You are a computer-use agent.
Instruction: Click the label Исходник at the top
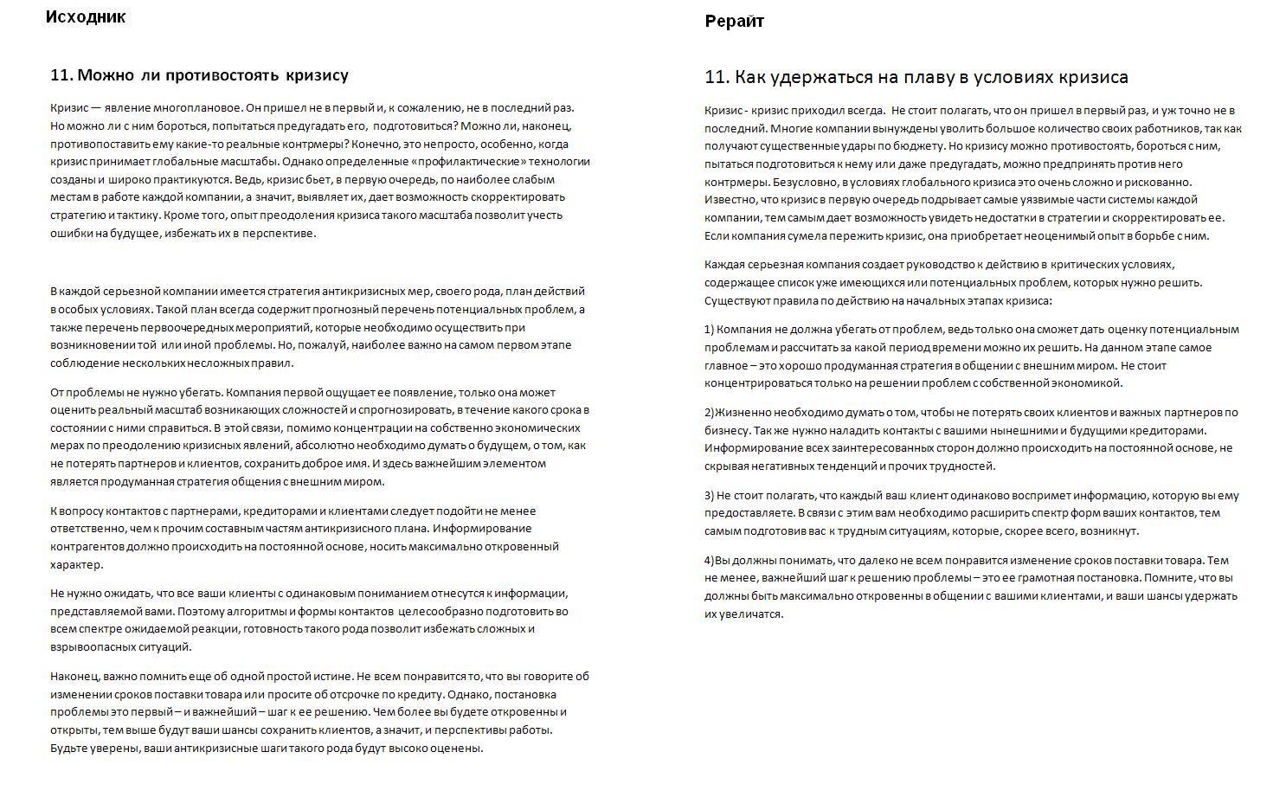coord(86,16)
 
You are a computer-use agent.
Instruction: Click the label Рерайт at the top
coord(734,22)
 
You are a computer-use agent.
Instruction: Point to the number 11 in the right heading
coord(716,77)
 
